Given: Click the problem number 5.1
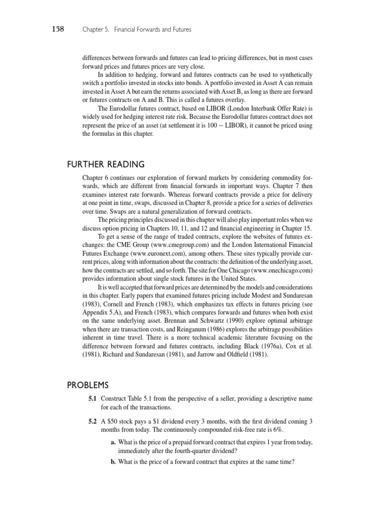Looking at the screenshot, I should (93, 399).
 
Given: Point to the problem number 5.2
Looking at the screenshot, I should (93, 421).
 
